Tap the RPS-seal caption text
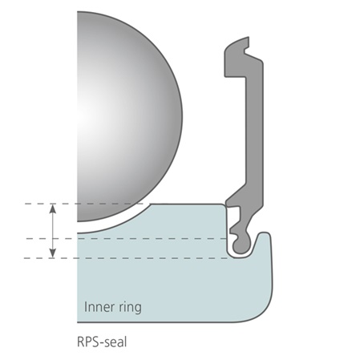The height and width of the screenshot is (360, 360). click(102, 342)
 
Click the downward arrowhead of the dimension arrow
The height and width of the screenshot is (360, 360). click(53, 253)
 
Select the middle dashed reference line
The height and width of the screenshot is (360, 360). click(127, 238)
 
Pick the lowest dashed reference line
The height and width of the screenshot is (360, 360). click(126, 258)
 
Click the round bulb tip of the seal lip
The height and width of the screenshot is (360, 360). click(241, 245)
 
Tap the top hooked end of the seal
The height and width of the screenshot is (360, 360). click(237, 44)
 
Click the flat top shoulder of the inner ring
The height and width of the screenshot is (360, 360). click(187, 204)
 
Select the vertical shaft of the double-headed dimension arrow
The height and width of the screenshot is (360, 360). click(53, 231)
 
